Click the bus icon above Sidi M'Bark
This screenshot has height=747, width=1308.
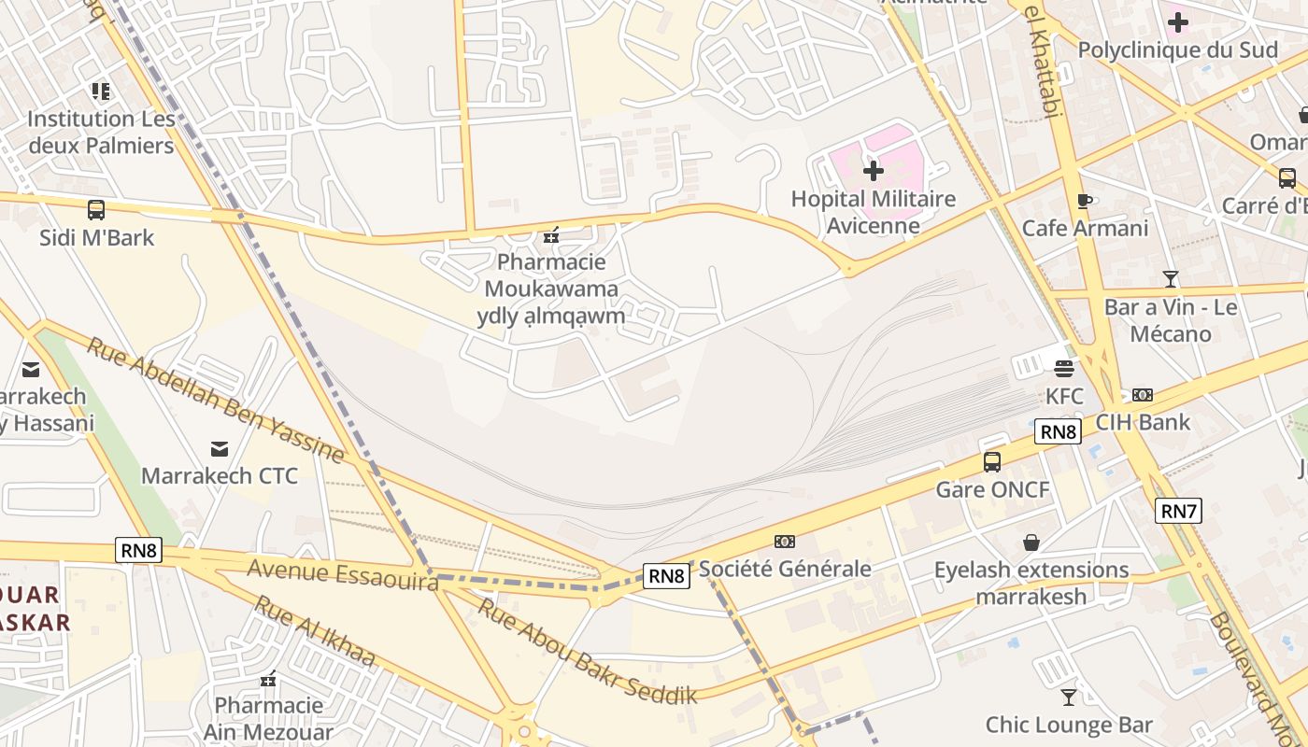pos(95,210)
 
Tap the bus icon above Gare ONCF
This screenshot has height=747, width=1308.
pos(992,461)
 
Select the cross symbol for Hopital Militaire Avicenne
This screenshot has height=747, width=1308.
pos(874,171)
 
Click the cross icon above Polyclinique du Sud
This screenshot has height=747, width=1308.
pos(1178,21)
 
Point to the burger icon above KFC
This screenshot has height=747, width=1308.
pos(1064,368)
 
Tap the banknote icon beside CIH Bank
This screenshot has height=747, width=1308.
pos(1142,395)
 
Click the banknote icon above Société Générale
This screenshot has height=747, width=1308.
pos(785,542)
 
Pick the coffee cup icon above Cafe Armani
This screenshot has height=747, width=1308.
pos(1084,201)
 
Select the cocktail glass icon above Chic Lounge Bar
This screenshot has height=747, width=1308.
pos(1069,697)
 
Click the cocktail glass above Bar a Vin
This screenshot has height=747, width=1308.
pos(1170,278)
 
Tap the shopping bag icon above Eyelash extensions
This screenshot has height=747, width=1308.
pos(1031,543)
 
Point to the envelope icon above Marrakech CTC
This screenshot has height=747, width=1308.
pos(220,449)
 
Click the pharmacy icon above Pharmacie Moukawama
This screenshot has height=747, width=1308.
pos(551,235)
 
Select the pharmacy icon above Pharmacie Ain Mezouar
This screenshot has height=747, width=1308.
pos(269,679)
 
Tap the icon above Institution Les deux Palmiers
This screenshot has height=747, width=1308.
pos(101,92)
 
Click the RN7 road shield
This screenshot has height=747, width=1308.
pos(1179,511)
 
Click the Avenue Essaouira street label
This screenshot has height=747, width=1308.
pos(343,574)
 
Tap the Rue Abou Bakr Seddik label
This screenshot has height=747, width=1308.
pos(588,651)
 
